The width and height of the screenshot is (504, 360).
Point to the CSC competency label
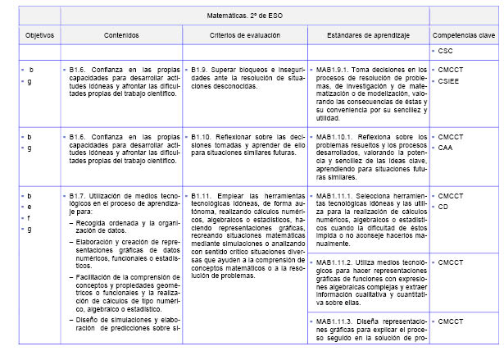(x=447, y=51)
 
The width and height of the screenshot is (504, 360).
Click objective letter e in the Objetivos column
(x=30, y=207)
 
